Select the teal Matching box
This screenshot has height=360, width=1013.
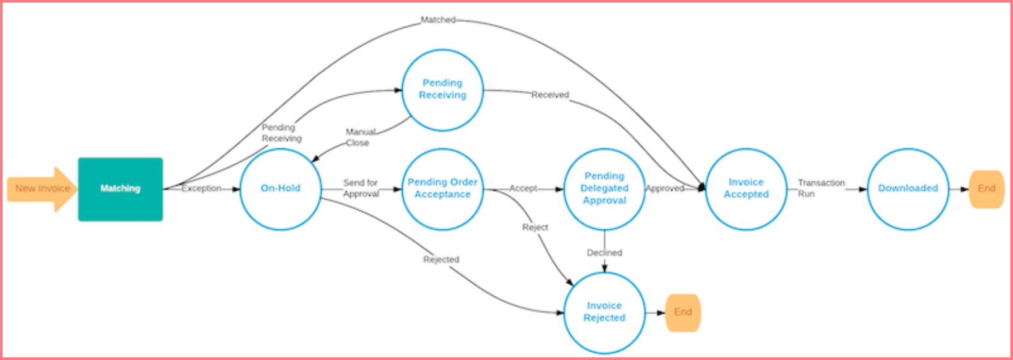[120, 189]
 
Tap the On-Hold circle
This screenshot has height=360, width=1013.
[281, 189]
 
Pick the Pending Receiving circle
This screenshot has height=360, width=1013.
[443, 89]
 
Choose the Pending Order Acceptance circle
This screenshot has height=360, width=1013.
[443, 189]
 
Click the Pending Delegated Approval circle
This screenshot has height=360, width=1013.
[604, 189]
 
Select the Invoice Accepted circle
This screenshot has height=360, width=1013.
[746, 189]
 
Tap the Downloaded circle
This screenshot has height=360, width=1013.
[908, 189]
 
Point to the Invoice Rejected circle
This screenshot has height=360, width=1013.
[604, 312]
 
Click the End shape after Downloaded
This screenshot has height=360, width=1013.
[987, 189]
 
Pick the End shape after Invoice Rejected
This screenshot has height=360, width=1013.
[683, 312]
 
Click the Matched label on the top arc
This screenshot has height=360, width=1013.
[438, 20]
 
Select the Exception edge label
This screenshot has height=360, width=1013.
[201, 189]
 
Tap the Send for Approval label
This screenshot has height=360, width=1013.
[361, 189]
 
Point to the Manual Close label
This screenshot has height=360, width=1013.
[359, 137]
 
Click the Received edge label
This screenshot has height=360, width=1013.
[550, 95]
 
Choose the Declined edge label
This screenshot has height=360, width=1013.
[604, 253]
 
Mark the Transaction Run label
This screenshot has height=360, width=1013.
[821, 189]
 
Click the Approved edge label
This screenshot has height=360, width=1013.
[665, 189]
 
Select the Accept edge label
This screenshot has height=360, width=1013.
[523, 189]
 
